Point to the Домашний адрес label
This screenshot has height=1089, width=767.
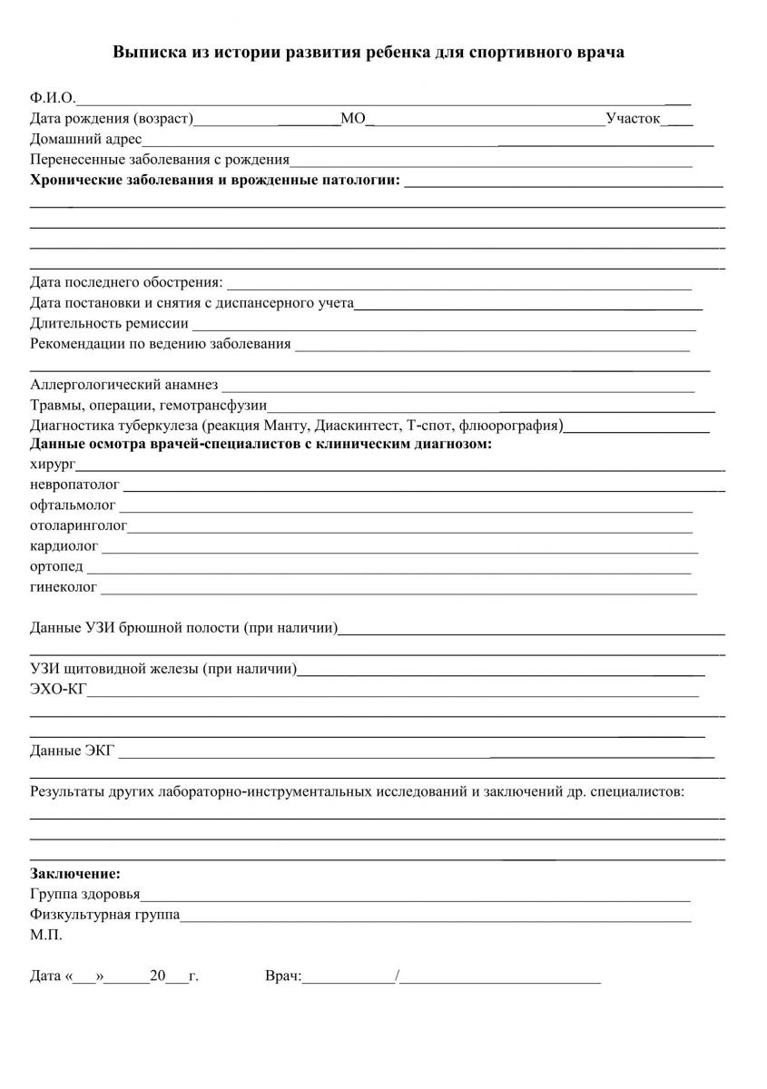tap(86, 140)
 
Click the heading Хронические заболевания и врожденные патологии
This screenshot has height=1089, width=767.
tap(215, 181)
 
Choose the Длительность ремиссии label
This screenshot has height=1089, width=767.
tap(109, 323)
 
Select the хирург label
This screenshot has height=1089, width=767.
tap(53, 464)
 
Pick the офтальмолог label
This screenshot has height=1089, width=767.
tap(73, 505)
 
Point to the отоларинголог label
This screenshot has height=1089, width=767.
tap(78, 525)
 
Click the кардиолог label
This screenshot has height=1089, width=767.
tap(64, 546)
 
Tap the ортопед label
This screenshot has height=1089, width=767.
tap(56, 567)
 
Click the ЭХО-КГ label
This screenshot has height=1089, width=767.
tap(58, 691)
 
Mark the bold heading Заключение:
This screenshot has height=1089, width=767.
tap(74, 874)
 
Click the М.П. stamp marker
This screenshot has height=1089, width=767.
tap(46, 934)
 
